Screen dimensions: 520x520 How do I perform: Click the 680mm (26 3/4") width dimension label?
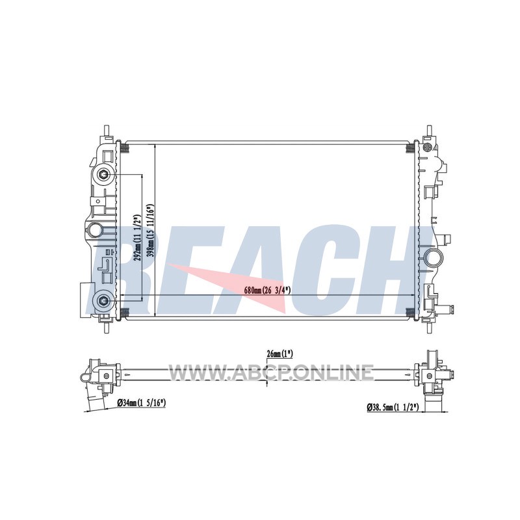[x=267, y=291]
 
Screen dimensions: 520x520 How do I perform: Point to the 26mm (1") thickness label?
[x=280, y=354]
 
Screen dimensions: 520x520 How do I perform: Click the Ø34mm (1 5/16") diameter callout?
[x=142, y=403]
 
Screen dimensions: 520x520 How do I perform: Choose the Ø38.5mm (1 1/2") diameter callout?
[x=393, y=407]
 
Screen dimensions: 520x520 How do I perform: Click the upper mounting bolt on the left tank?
[x=103, y=174]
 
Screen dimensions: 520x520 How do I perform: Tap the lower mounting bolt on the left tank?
[x=103, y=301]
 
